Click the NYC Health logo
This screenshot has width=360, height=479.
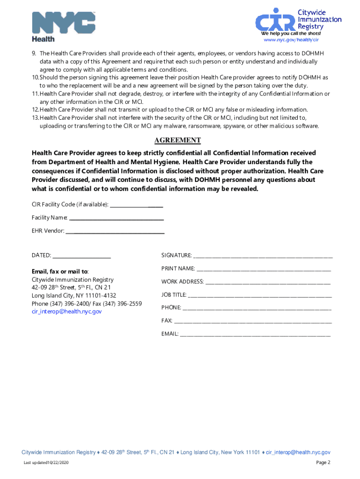[63, 26]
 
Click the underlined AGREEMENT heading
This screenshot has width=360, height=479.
[178, 140]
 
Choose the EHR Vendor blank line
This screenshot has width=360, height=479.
[115, 231]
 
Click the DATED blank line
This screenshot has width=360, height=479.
[82, 256]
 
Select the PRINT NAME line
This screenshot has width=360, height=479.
[264, 269]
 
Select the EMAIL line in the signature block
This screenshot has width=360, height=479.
[255, 334]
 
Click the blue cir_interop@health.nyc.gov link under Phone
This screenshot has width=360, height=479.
[66, 312]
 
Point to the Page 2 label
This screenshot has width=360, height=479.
[323, 463]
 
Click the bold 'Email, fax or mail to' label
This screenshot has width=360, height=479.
[60, 272]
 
